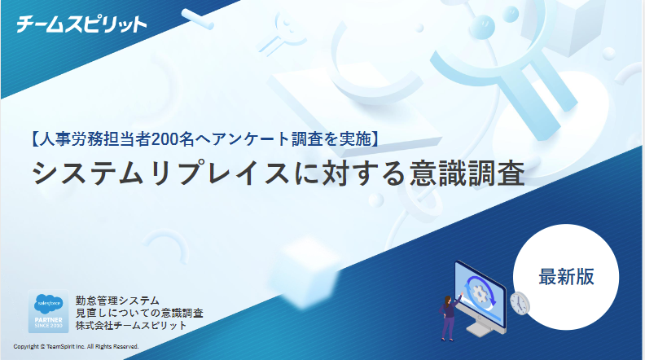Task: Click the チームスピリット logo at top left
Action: [x=81, y=24]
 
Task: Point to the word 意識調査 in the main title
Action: [x=467, y=173]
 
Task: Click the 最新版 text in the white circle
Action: [x=567, y=276]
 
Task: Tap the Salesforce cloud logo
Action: [x=49, y=305]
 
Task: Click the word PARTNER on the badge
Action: [x=49, y=319]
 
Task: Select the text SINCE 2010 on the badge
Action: [x=49, y=326]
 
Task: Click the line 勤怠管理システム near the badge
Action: [x=117, y=301]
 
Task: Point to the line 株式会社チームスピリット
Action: [x=131, y=326]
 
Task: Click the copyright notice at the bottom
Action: [x=76, y=346]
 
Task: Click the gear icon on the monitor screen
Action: [x=479, y=293]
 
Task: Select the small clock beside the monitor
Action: [x=520, y=303]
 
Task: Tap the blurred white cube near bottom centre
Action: [x=305, y=271]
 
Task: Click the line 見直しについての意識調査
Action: [x=139, y=313]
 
